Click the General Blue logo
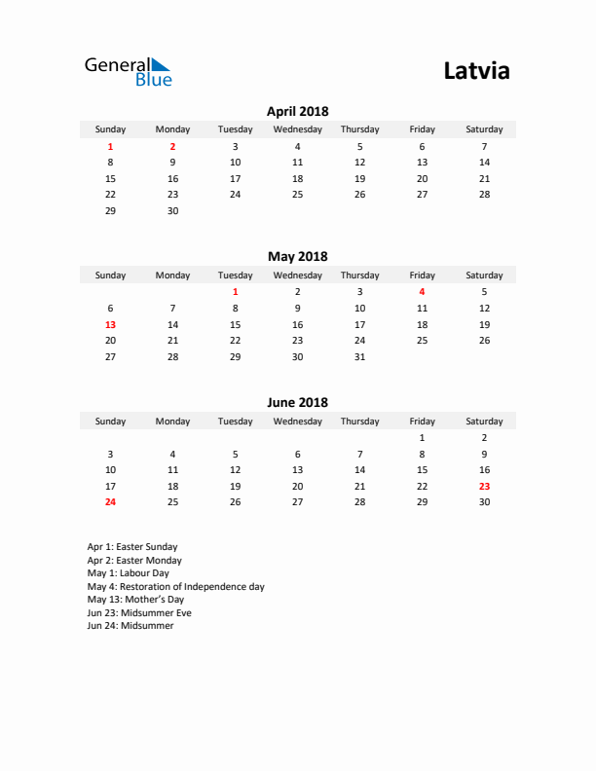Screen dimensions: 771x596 128,71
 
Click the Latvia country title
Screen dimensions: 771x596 476,71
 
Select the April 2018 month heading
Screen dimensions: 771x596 297,112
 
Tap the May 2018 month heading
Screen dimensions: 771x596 297,257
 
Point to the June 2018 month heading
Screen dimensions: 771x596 297,402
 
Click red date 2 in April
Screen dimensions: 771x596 172,146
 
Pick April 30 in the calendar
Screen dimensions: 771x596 172,210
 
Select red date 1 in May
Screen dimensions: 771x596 235,291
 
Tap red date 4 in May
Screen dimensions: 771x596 422,291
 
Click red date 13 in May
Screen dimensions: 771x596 110,324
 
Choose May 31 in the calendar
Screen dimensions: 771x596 359,356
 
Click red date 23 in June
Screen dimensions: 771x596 484,486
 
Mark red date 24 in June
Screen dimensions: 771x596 110,502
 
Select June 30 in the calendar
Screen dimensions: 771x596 484,502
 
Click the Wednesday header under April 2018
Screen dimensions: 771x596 297,129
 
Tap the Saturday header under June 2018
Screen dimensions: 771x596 484,422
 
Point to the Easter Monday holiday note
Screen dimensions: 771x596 134,561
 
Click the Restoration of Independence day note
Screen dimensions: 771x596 175,587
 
